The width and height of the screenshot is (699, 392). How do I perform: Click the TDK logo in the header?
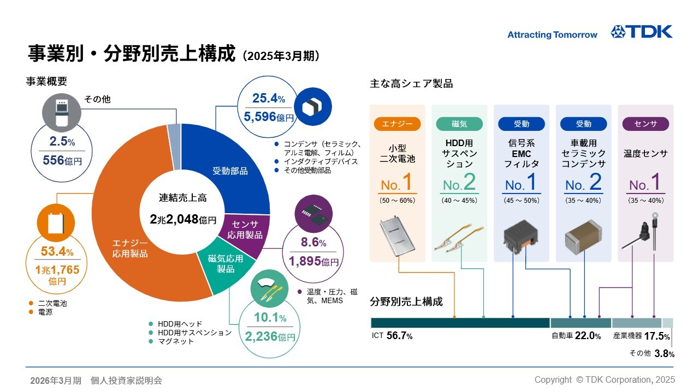(x=642, y=32)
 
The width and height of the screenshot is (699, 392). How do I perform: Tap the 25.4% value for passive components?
(x=268, y=98)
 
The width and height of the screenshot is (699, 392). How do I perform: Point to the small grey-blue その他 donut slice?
(x=174, y=147)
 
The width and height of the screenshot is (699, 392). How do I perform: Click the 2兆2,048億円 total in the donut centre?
(x=183, y=219)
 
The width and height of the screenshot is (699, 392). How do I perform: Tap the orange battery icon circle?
(x=56, y=222)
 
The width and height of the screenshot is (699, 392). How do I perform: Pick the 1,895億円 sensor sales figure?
(x=313, y=261)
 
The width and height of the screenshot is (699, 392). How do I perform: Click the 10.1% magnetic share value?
(x=270, y=317)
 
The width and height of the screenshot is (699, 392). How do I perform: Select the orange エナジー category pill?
(x=397, y=124)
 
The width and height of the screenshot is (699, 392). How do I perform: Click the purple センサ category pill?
(x=645, y=124)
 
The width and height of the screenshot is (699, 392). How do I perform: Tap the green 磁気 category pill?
(x=459, y=124)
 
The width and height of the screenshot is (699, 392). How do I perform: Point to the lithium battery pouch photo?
(x=397, y=236)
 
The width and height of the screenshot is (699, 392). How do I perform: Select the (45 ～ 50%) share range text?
(x=522, y=201)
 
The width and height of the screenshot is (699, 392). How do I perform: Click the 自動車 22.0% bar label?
(x=576, y=336)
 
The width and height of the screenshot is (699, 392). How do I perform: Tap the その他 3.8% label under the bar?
(x=651, y=353)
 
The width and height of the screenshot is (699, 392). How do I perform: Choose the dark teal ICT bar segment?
(x=460, y=323)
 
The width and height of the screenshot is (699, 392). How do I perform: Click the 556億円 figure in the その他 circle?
(x=62, y=160)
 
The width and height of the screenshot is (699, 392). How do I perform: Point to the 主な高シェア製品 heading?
(x=411, y=83)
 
